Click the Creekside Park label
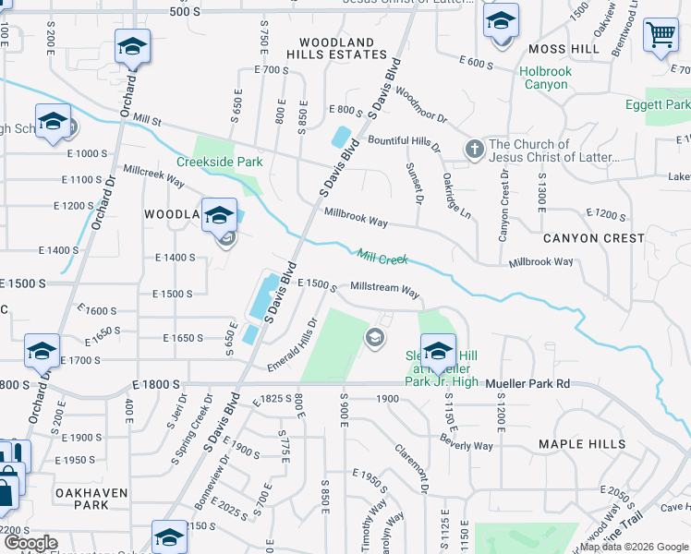pyautogui.click(x=226, y=163)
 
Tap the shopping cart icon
pyautogui.click(x=661, y=36)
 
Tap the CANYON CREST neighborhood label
pyautogui.click(x=594, y=238)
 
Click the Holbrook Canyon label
pyautogui.click(x=545, y=78)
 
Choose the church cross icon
pyautogui.click(x=474, y=150)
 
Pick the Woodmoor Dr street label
pyautogui.click(x=420, y=105)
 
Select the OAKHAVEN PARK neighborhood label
pyautogui.click(x=91, y=500)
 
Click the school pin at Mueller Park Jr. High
pyautogui.click(x=437, y=353)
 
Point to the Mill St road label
pyautogui.click(x=147, y=120)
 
